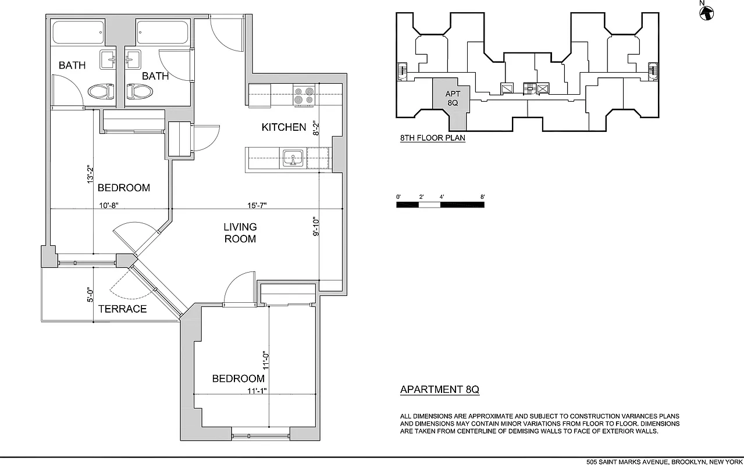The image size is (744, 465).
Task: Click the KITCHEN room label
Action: (283, 127)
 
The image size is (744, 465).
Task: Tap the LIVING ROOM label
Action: (240, 233)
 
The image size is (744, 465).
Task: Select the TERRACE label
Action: (122, 309)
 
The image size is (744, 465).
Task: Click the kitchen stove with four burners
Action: (304, 95)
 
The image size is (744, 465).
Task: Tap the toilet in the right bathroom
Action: (140, 92)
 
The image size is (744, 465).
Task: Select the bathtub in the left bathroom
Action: (79, 33)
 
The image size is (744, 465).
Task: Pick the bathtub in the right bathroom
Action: (162, 33)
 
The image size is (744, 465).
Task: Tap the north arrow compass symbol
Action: (706, 12)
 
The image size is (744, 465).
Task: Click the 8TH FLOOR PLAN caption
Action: (432, 138)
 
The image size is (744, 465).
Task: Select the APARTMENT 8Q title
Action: (439, 390)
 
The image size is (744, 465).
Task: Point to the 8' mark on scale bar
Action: (483, 198)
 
